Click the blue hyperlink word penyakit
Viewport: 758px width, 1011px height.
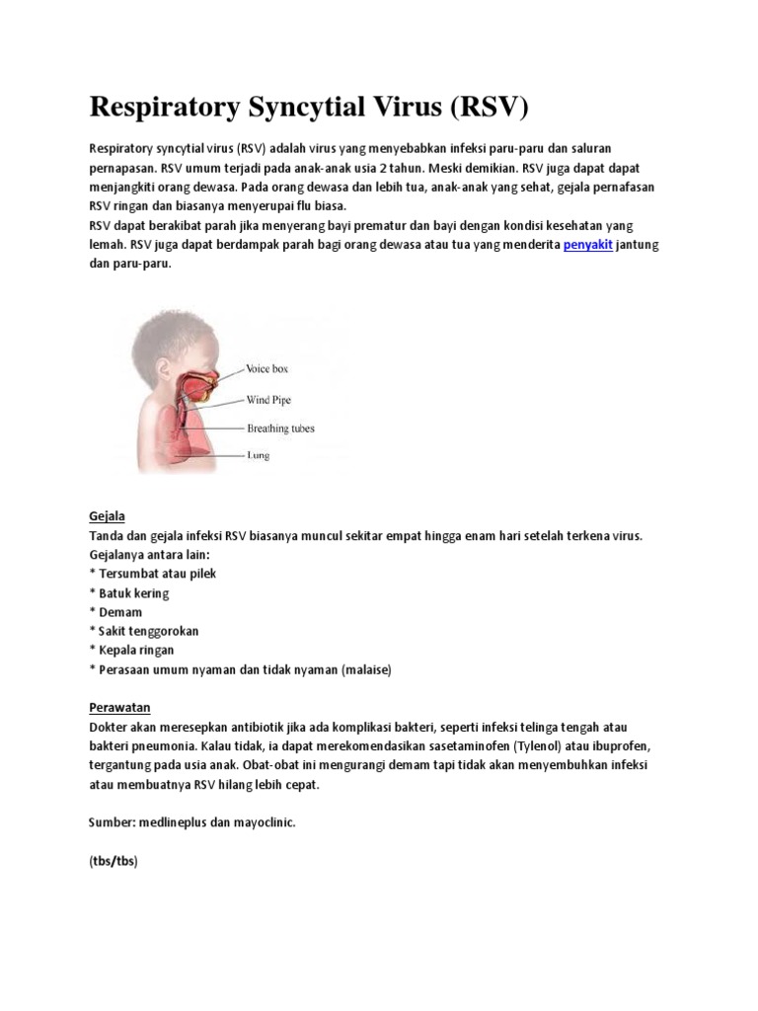[588, 245]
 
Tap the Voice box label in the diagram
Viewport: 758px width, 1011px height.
[266, 369]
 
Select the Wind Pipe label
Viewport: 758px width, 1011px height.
[268, 400]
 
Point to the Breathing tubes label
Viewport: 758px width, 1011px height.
[280, 428]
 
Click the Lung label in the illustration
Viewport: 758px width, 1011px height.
[258, 456]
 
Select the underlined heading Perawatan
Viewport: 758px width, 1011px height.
[118, 708]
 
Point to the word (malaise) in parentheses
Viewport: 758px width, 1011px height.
[366, 669]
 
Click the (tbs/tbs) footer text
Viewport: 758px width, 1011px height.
[113, 860]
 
